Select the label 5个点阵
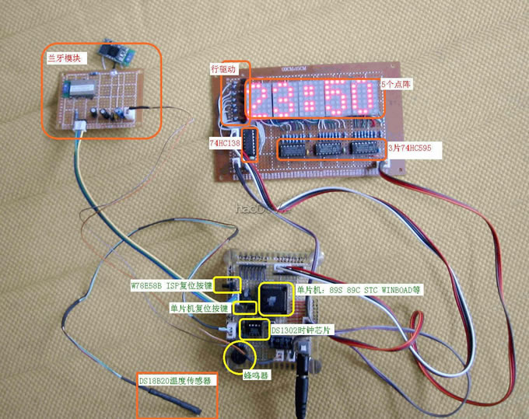coord(395,83)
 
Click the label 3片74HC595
coord(415,145)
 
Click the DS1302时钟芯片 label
coord(303,330)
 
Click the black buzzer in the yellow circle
coord(240,356)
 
